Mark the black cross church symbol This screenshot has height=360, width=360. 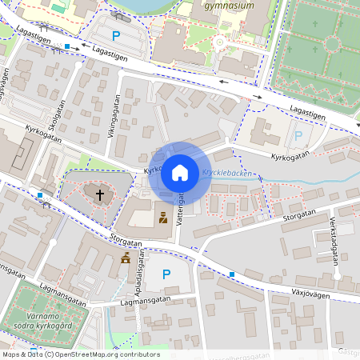click(x=101, y=194)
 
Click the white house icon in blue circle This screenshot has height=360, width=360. click(x=180, y=172)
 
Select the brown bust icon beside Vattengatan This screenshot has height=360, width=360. click(x=163, y=217)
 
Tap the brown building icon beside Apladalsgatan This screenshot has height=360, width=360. click(x=126, y=258)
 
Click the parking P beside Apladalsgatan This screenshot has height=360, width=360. click(x=166, y=274)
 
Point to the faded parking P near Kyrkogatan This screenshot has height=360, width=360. click(x=299, y=136)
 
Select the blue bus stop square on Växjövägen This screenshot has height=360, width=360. click(x=232, y=274)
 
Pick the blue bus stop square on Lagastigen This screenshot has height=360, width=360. click(x=66, y=47)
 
